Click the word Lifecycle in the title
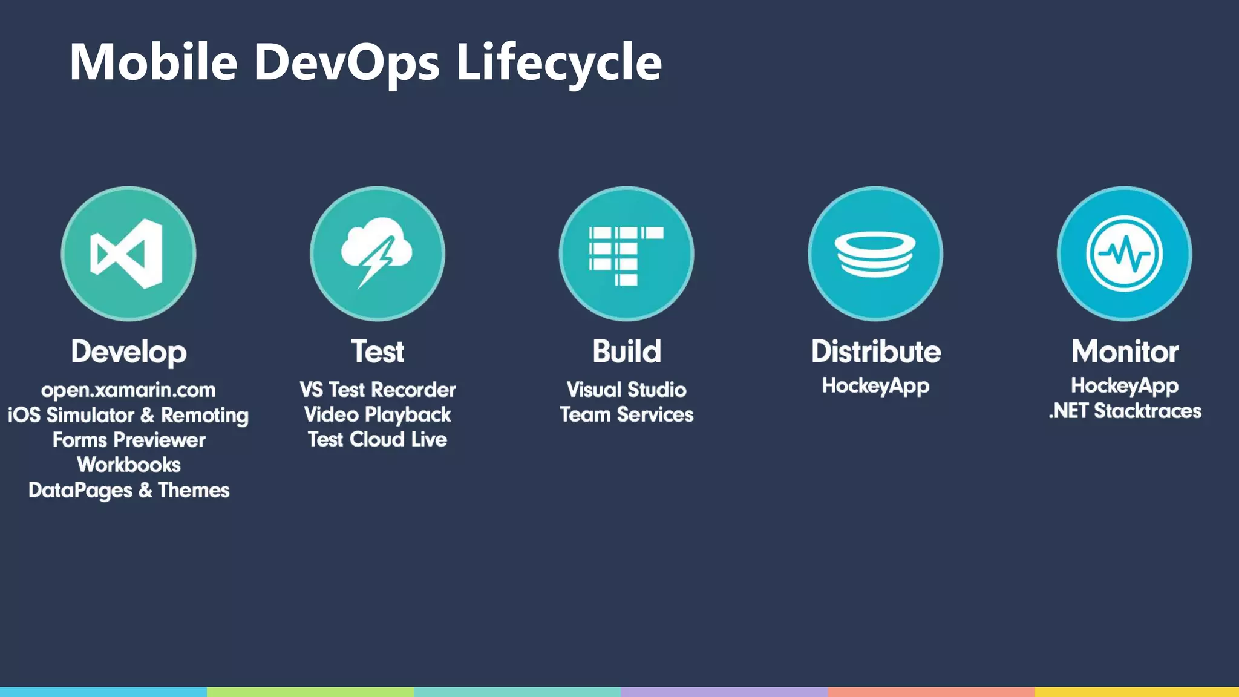pos(558,62)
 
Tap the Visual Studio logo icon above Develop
pos(128,254)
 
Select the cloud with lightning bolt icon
pos(378,254)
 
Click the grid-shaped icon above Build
pos(626,254)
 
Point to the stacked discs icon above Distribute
pos(875,254)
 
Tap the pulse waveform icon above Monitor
pos(1124,254)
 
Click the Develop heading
pos(128,352)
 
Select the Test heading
pos(378,352)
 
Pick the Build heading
pos(627,352)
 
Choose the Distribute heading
pos(875,352)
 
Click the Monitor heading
pos(1125,352)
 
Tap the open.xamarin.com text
pos(128,390)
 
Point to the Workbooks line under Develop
pos(128,465)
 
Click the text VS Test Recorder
pos(378,390)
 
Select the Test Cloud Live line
pos(378,439)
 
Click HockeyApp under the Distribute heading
pos(875,386)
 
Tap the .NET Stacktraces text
pos(1125,411)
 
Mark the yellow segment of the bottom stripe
pos(1136,692)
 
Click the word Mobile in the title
pos(154,62)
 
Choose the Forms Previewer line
pos(128,440)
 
